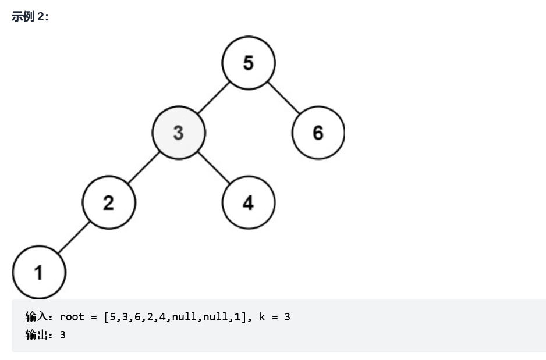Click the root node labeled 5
[249, 63]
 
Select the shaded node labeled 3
[178, 133]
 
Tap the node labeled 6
[318, 133]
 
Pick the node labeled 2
[109, 202]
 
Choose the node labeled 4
[249, 202]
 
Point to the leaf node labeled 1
[39, 272]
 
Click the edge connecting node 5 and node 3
[213, 98]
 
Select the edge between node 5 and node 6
[283, 98]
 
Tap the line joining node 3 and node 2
[143, 167]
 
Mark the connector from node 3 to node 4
[213, 167]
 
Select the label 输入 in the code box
[37, 317]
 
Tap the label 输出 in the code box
[37, 335]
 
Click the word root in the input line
[72, 317]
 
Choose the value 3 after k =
[288, 317]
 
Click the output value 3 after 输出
[63, 335]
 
